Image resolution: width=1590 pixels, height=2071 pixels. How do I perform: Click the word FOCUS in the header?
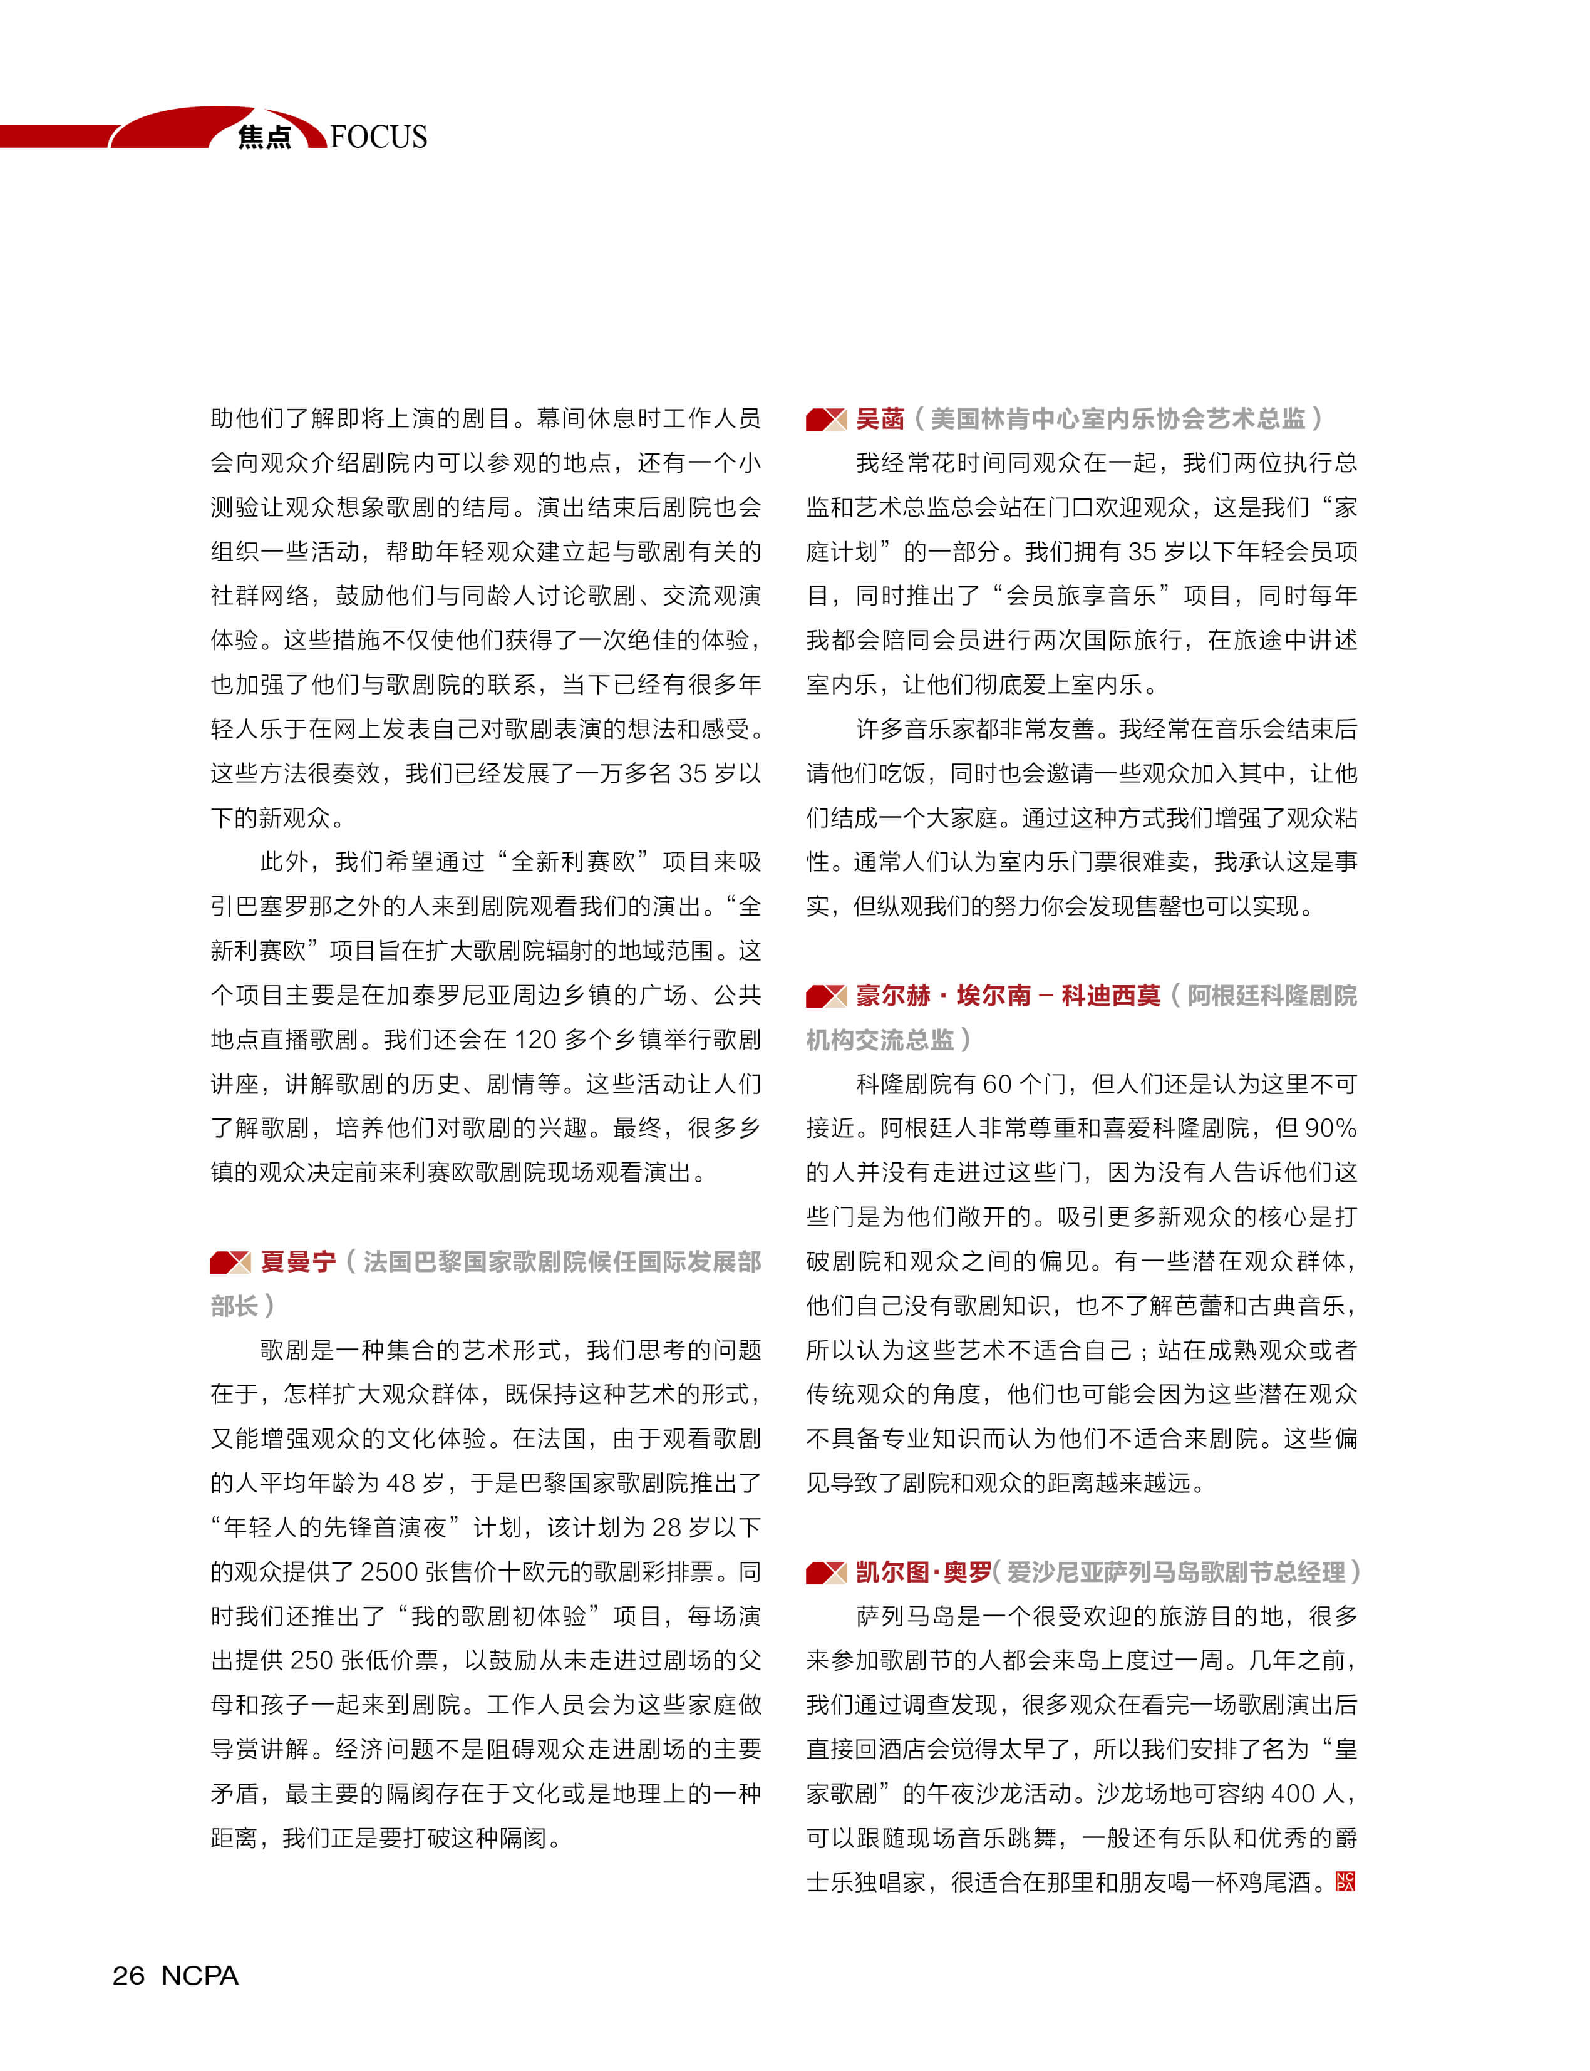(x=379, y=137)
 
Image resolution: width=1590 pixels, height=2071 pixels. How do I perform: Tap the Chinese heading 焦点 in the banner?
(x=264, y=137)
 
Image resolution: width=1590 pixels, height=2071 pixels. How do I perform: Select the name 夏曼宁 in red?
(x=298, y=1262)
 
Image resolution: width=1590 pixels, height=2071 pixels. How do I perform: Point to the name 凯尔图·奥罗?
(x=923, y=1572)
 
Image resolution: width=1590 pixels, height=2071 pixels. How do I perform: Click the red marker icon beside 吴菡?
(x=825, y=420)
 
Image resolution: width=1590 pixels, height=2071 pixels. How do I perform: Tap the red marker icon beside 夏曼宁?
(x=230, y=1263)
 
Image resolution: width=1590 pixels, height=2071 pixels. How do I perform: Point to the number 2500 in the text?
(x=389, y=1572)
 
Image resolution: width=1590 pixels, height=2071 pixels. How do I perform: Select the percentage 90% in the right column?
(x=1331, y=1128)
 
